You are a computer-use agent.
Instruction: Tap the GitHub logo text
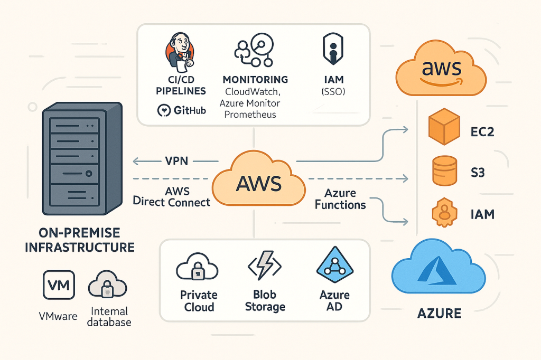(x=181, y=110)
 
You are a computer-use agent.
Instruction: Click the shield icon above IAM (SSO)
(x=332, y=52)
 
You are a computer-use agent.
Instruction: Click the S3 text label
(x=478, y=172)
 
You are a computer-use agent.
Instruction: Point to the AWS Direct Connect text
(x=172, y=196)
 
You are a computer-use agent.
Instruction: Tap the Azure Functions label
(x=340, y=199)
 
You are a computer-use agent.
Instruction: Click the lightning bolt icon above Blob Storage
(x=264, y=265)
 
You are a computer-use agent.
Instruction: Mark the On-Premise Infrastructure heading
(x=79, y=240)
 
